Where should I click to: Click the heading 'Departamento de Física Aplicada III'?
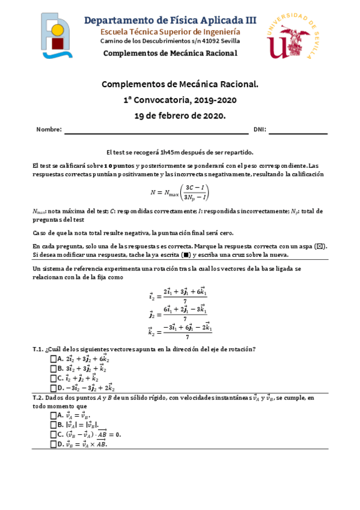[x=170, y=19]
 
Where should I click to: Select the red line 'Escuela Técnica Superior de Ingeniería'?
[x=170, y=31]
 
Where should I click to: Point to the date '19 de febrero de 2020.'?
[x=180, y=115]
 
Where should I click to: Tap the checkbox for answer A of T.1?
[x=53, y=359]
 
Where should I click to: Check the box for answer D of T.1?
[x=53, y=388]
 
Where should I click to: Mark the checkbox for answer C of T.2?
[x=53, y=434]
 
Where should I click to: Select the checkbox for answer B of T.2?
[x=53, y=425]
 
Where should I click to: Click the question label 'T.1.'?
[x=38, y=349]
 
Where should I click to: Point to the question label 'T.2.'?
[x=38, y=398]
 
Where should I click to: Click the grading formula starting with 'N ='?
[x=180, y=192]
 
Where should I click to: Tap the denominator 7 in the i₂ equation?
[x=185, y=301]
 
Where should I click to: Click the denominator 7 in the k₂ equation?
[x=185, y=337]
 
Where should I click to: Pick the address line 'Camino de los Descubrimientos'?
[x=170, y=41]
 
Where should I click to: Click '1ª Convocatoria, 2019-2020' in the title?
[x=180, y=100]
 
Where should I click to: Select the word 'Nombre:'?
[x=49, y=129]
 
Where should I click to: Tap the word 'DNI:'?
[x=259, y=129]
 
